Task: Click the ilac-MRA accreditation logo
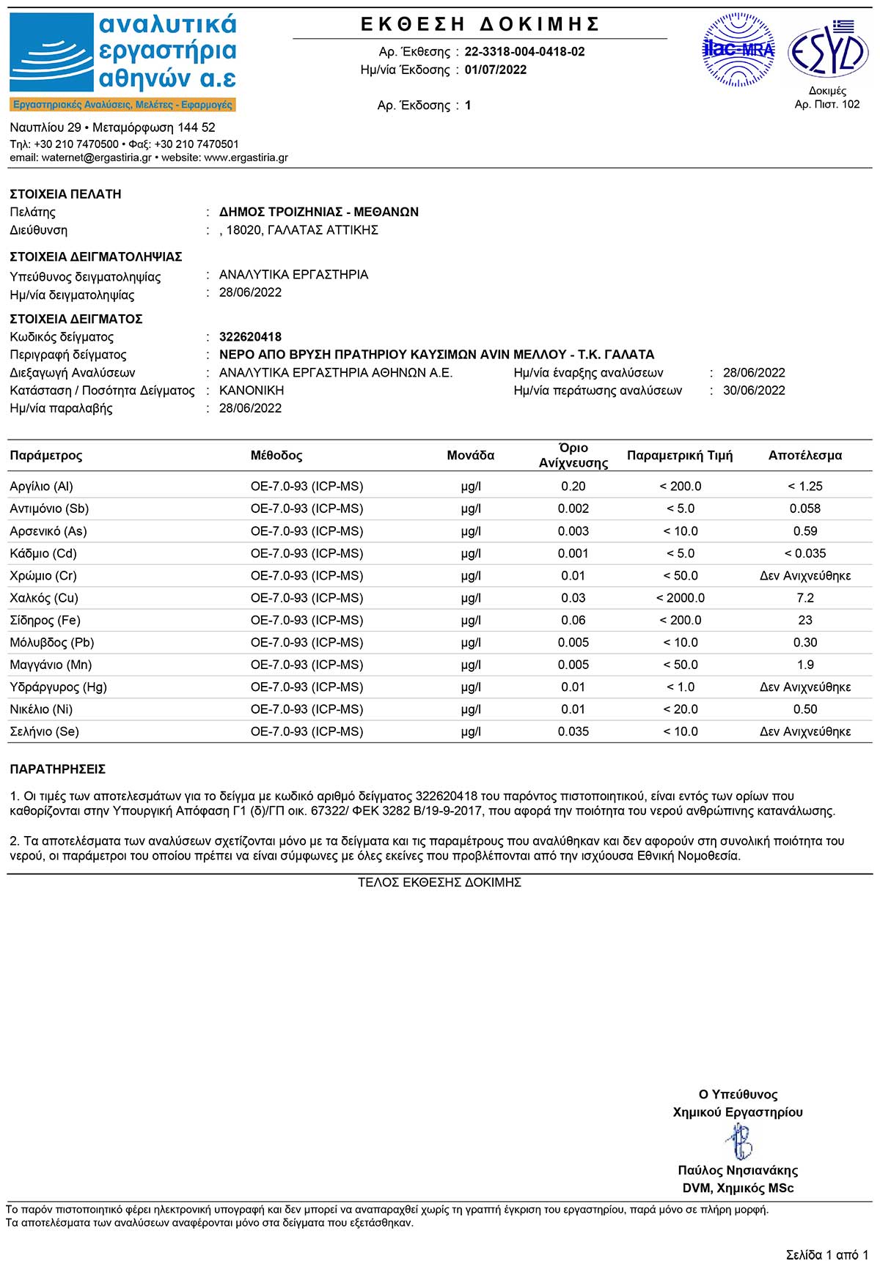tap(738, 50)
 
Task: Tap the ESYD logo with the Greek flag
tap(828, 50)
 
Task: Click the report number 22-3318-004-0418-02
tap(524, 52)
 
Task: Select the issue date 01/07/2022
tap(495, 70)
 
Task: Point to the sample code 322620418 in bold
tap(250, 337)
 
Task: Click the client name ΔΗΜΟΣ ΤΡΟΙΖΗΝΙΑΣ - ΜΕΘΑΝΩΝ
tap(319, 212)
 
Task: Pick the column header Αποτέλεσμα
tap(804, 455)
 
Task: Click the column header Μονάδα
tap(470, 455)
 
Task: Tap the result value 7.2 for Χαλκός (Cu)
tap(804, 598)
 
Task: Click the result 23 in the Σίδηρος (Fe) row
tap(804, 621)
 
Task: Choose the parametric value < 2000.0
tap(680, 598)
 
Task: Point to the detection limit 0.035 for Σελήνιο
tap(573, 732)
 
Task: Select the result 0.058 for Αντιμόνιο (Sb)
tap(804, 509)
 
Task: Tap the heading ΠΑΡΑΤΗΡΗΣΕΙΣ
tap(57, 769)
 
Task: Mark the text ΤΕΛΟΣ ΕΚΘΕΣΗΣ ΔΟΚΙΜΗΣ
tap(439, 883)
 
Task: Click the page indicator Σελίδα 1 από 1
tap(826, 1254)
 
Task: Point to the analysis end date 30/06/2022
tap(753, 391)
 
